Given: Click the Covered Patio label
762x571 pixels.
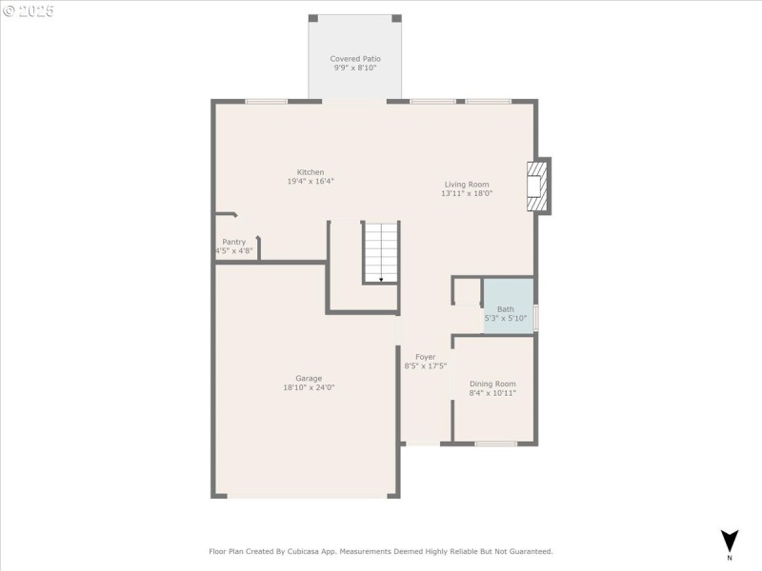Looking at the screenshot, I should [355, 58].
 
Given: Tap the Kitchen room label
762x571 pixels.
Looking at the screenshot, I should [311, 172].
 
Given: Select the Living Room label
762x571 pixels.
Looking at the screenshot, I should [467, 184].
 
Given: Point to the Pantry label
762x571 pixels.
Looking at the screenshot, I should [234, 242].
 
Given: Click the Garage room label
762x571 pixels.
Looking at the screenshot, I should [308, 378].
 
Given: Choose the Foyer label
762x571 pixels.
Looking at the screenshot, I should [425, 356].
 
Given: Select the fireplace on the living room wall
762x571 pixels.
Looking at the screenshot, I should [539, 185].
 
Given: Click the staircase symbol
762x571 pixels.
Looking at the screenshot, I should [381, 251].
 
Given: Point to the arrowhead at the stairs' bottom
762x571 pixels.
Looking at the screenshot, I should [381, 280].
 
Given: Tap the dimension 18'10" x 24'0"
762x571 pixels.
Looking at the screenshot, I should [308, 387].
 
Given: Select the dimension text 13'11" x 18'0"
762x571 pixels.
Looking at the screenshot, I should [467, 193].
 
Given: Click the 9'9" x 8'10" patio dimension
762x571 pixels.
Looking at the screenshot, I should [355, 68].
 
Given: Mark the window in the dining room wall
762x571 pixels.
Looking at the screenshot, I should [496, 443].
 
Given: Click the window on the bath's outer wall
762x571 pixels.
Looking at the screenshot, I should [535, 317].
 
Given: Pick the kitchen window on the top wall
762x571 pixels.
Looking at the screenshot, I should [266, 101].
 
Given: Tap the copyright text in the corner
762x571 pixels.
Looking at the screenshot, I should [29, 11].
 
